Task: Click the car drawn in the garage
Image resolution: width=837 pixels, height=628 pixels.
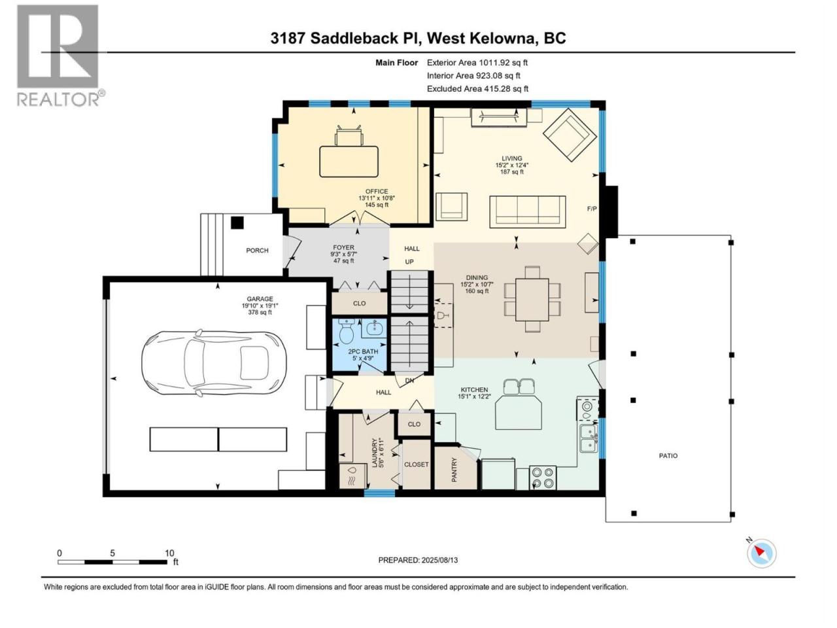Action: point(214,362)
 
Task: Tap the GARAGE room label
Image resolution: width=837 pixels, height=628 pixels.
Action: point(260,299)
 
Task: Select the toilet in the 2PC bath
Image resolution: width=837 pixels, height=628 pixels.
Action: point(347,332)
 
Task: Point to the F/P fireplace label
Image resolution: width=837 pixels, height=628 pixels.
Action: point(591,209)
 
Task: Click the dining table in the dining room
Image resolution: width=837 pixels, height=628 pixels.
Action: point(532,300)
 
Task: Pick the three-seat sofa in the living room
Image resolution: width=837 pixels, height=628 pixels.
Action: point(527,212)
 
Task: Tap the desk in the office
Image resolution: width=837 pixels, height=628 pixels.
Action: point(349,162)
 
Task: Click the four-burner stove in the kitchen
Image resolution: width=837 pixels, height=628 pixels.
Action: point(543,478)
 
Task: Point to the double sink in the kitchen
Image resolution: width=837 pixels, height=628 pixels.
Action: point(589,438)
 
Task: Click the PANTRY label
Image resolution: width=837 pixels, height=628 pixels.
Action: point(454,470)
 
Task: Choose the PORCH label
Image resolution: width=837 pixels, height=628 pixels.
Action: point(257,251)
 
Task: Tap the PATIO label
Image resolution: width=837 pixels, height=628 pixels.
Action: point(668,456)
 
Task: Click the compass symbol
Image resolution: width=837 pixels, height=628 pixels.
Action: point(761,553)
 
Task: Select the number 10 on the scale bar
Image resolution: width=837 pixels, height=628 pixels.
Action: point(169,553)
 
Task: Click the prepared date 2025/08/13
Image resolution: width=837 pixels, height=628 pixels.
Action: point(439,560)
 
